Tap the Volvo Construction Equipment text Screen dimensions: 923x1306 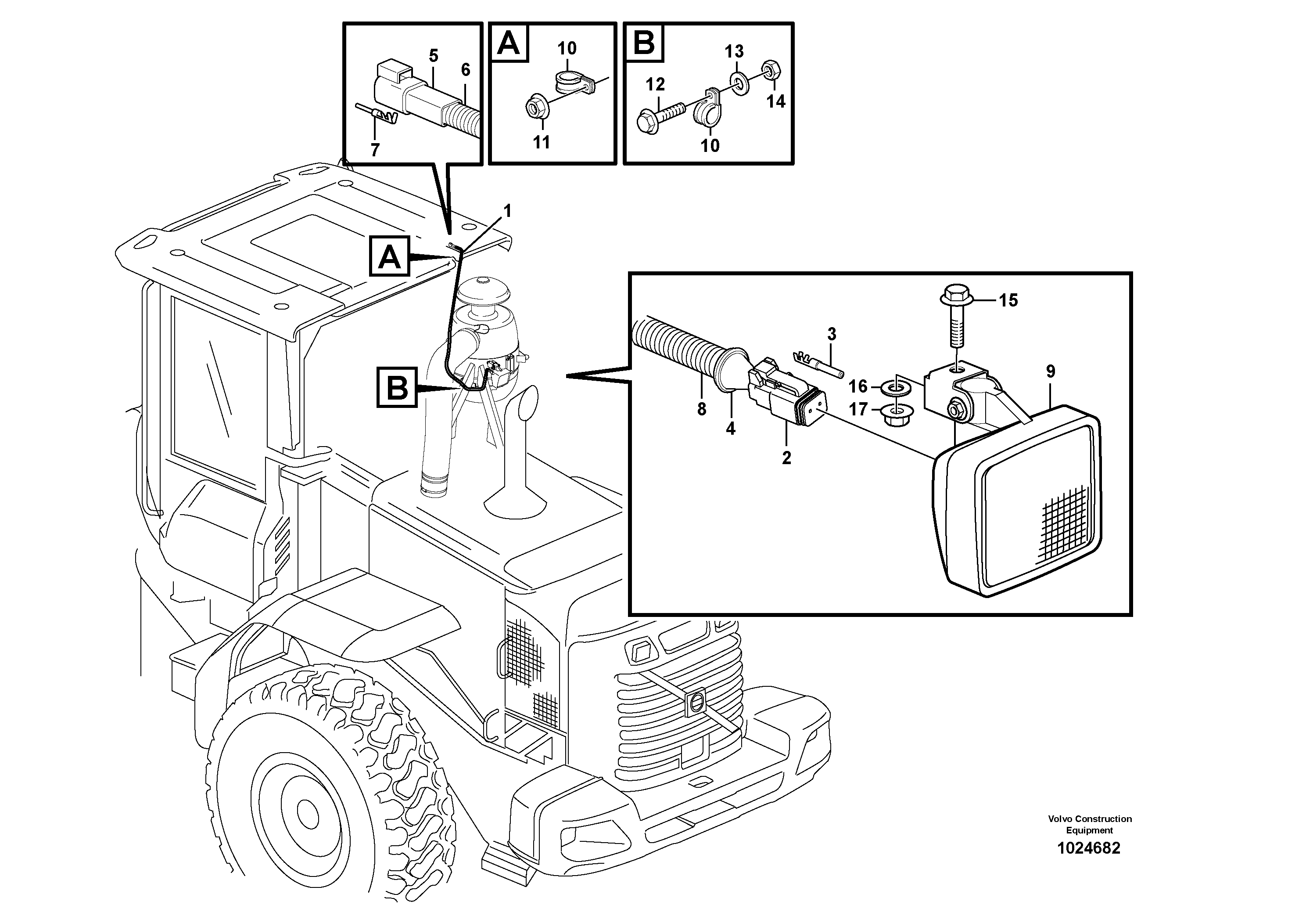click(x=1089, y=824)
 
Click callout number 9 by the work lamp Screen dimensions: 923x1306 click(x=1050, y=371)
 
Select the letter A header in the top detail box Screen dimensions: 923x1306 click(x=508, y=43)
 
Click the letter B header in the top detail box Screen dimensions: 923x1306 click(x=644, y=43)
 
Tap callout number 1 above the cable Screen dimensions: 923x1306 click(x=507, y=211)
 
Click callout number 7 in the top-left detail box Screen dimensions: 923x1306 click(x=375, y=150)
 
